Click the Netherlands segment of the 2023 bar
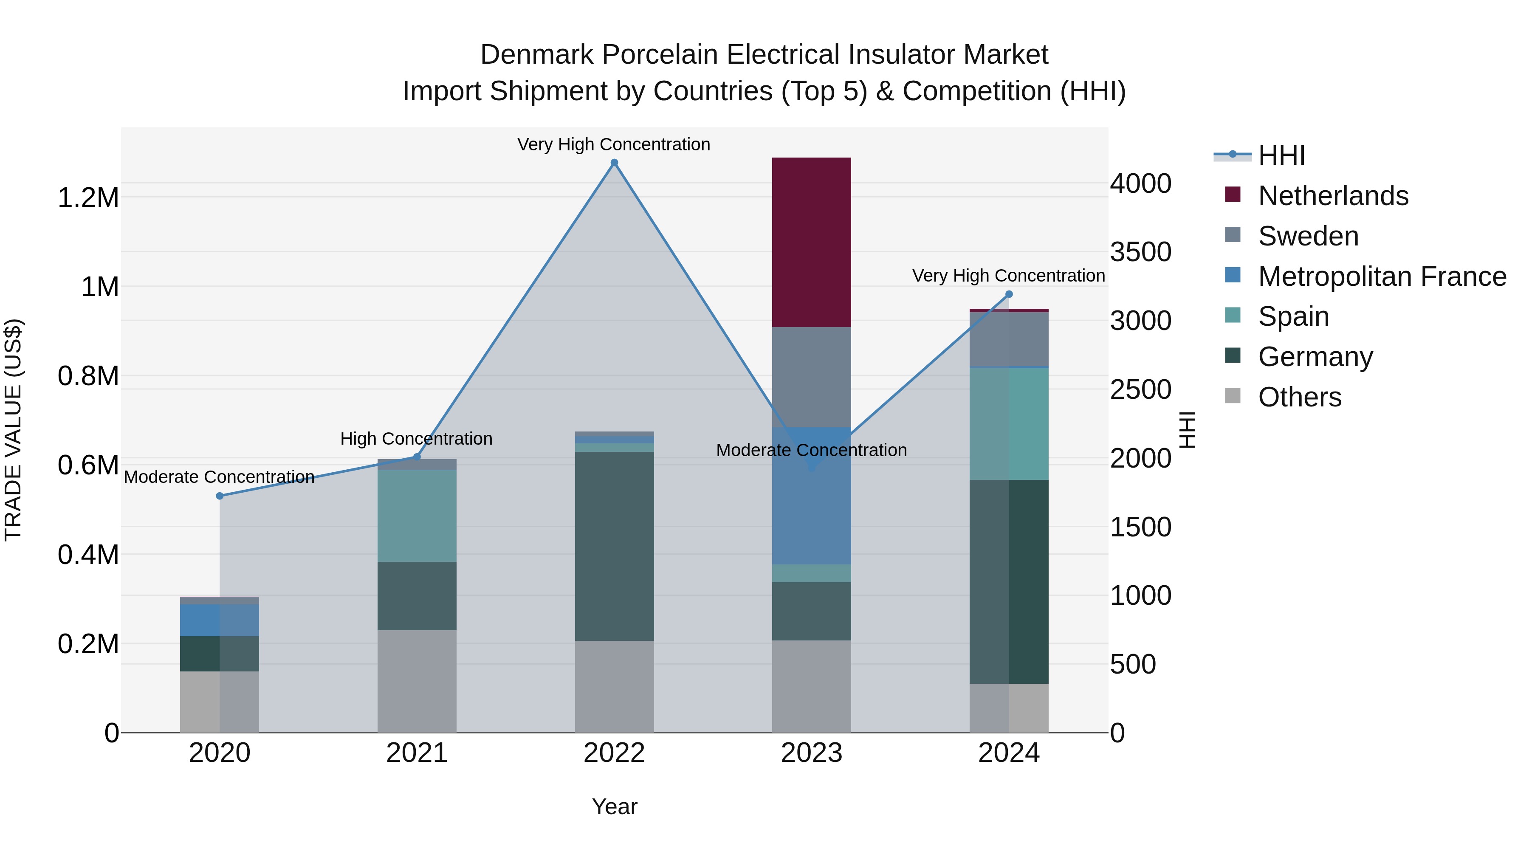[x=811, y=242]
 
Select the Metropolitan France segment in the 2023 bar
[x=811, y=496]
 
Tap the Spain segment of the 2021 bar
[x=417, y=516]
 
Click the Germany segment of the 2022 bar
[x=614, y=546]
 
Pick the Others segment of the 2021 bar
[x=417, y=681]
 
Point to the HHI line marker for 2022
[x=614, y=163]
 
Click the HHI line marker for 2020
[x=220, y=496]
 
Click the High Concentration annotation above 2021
[x=416, y=439]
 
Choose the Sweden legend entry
[x=1308, y=236]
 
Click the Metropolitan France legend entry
[x=1381, y=276]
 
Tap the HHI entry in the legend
[x=1281, y=155]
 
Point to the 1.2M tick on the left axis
[x=88, y=197]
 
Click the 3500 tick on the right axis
[x=1140, y=252]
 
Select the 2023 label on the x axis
[x=811, y=753]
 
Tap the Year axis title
[x=614, y=806]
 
